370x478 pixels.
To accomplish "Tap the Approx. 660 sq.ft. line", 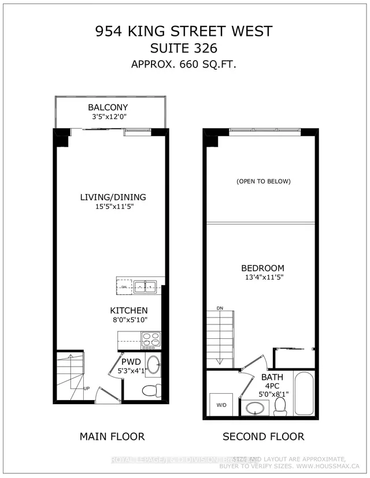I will click(x=185, y=65).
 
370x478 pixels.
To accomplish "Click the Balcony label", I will click(x=108, y=107).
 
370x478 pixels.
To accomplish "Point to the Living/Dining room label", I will click(x=113, y=197).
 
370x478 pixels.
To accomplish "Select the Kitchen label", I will click(x=129, y=311).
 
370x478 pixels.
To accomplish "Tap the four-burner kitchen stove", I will click(x=151, y=340).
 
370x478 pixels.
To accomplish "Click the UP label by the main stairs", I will click(x=87, y=388).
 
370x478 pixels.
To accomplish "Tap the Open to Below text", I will click(x=263, y=181).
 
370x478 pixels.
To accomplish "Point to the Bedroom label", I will click(x=263, y=268).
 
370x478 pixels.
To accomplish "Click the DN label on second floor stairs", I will click(x=220, y=309).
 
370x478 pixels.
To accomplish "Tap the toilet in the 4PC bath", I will click(x=281, y=405).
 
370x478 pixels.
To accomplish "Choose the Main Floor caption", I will click(x=112, y=436).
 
